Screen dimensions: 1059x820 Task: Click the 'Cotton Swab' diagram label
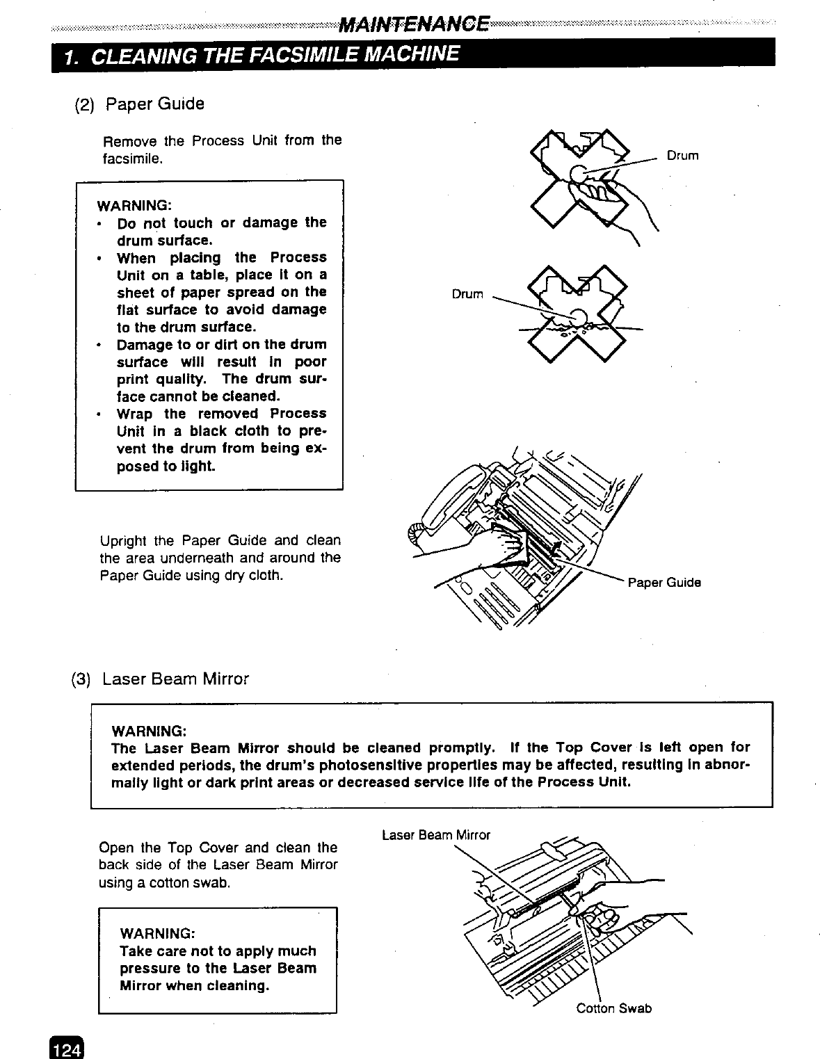(x=613, y=1008)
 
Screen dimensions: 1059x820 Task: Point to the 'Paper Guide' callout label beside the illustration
(x=664, y=583)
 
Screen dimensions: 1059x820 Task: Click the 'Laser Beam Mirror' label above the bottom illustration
(x=435, y=834)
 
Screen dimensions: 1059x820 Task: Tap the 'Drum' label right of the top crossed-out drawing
(x=682, y=156)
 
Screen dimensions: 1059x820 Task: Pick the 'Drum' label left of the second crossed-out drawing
(x=467, y=294)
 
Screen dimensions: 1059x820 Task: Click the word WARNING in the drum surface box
(x=134, y=206)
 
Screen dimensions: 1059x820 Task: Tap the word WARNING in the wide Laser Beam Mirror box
(x=149, y=731)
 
